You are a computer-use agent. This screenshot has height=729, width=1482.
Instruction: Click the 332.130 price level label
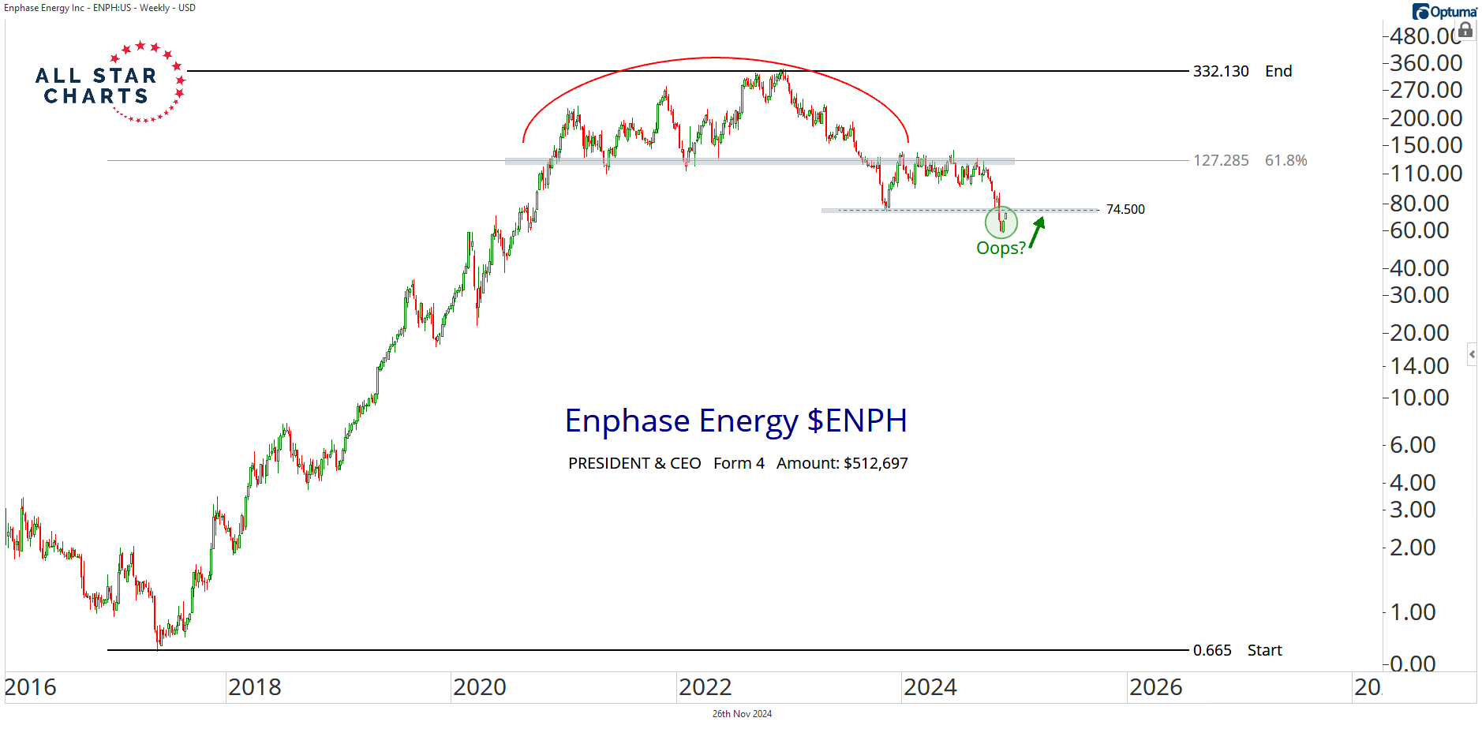coord(1220,71)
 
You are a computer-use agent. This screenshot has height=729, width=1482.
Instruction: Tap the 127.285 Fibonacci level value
coord(1220,160)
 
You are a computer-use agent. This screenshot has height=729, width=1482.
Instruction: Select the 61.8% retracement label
coord(1286,160)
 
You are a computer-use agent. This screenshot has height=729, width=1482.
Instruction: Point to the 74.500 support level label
coord(1125,209)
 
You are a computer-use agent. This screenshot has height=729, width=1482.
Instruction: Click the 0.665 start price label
coord(1211,650)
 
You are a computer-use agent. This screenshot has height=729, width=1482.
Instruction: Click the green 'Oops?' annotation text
coord(1000,248)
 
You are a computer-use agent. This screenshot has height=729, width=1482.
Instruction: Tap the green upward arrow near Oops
coord(1037,232)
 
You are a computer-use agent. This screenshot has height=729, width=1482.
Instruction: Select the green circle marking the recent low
coord(1001,222)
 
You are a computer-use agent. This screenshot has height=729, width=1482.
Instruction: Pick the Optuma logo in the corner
coord(1444,11)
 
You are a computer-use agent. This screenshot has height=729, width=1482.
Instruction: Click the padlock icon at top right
coord(1465,30)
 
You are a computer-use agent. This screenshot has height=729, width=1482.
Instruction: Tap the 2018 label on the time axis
coord(254,687)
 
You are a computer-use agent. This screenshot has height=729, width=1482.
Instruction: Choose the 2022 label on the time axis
coord(705,687)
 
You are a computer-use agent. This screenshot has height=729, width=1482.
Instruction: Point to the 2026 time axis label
coord(1155,687)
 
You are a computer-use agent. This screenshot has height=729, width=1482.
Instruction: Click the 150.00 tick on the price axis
coord(1426,145)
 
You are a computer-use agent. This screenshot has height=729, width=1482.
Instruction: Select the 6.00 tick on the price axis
coord(1413,445)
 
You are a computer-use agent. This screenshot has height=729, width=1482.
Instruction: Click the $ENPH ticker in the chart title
coord(857,421)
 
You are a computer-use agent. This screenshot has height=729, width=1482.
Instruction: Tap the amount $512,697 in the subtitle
coord(875,463)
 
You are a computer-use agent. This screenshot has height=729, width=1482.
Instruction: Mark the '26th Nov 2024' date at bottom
coord(742,714)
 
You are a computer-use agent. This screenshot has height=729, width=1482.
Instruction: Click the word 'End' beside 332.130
coord(1278,71)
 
